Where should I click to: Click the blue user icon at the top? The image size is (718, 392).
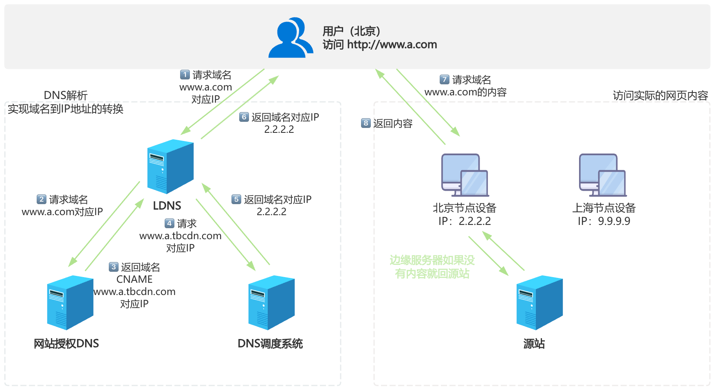[290, 37]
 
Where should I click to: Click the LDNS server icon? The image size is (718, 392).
[170, 166]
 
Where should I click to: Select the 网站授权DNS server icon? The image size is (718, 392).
[70, 302]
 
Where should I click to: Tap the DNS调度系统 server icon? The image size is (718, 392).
[271, 302]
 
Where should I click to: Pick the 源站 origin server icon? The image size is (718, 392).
[540, 302]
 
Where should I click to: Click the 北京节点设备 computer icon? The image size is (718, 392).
[465, 175]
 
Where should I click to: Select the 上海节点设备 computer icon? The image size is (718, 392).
[603, 175]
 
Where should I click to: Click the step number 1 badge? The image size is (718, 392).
[185, 75]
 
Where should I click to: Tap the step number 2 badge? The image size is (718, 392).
[42, 199]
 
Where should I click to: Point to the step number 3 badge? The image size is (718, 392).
[114, 267]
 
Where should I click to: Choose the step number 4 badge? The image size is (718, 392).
[170, 223]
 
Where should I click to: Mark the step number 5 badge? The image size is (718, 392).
[236, 199]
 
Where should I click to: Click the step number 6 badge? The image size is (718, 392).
[244, 117]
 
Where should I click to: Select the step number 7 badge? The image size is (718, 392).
[445, 79]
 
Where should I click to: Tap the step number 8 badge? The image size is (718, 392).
[366, 123]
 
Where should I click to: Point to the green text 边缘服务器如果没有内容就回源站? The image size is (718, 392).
[432, 267]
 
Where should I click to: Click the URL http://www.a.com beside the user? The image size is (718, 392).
[392, 44]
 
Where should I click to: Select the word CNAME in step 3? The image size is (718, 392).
[134, 280]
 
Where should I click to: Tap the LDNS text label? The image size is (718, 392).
[167, 206]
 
